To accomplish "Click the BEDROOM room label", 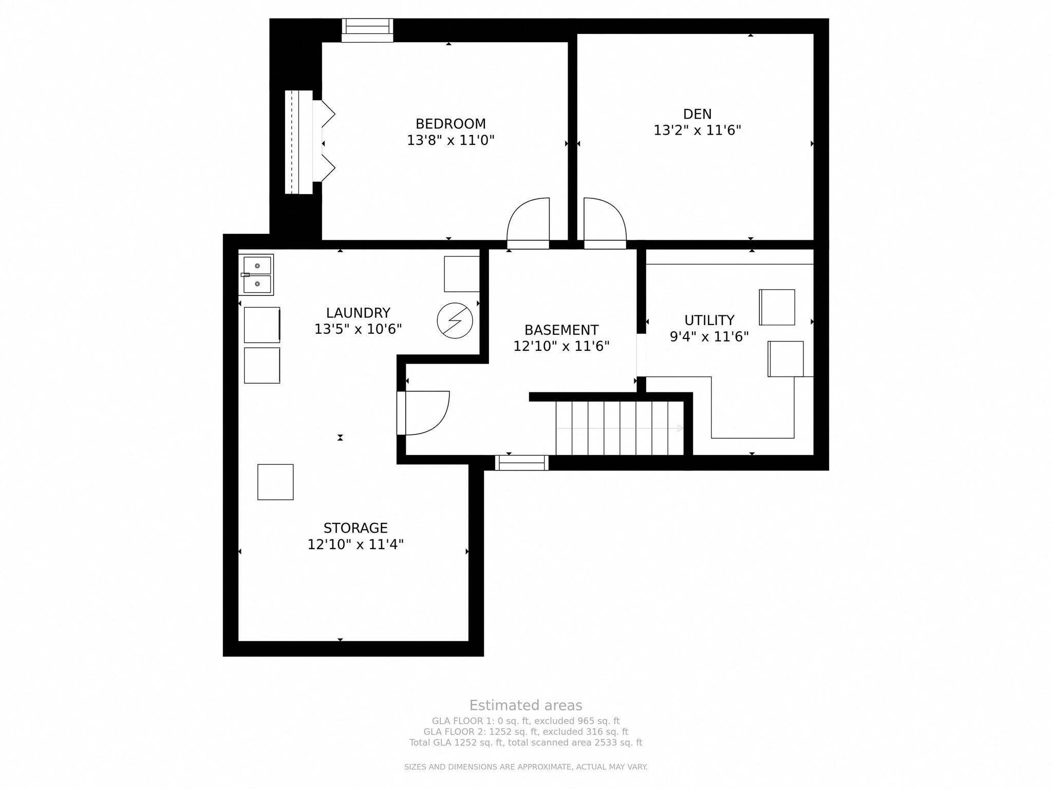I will pos(450,124).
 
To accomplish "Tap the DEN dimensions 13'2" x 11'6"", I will pos(697,130).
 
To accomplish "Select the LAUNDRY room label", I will pos(358,313).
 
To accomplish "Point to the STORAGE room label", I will pos(355,528).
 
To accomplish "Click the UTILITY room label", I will pos(709,321).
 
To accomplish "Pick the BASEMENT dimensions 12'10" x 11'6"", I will pos(561,346).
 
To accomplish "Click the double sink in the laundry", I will pos(257,275).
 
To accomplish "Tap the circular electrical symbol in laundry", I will pos(455,321).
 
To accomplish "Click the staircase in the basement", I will pos(619,428).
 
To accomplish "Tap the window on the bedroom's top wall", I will pos(367,30).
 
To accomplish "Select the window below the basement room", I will pos(521,463).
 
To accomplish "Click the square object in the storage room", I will pos(275,482).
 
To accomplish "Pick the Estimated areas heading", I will pos(525,705).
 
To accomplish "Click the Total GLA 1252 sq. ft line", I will pos(525,743).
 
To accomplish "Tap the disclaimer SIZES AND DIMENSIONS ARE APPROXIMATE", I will pos(525,767).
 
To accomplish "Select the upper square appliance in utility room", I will pos(777,307).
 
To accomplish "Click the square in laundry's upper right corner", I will pos(461,274).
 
